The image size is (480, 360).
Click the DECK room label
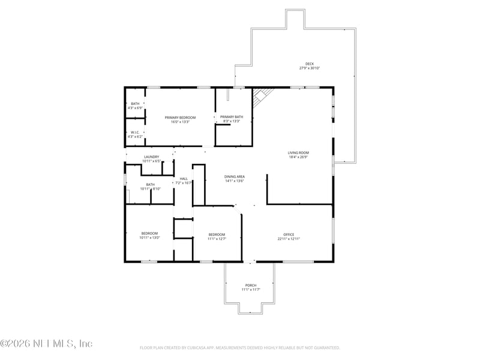(310, 64)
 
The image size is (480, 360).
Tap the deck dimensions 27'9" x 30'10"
(310, 68)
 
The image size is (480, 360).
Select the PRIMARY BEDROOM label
(177, 117)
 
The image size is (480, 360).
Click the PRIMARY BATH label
(231, 117)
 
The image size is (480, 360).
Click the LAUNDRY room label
(151, 157)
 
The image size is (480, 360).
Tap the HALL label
(184, 179)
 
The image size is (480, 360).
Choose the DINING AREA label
(235, 176)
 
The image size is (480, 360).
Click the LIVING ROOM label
(298, 153)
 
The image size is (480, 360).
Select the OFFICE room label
(289, 235)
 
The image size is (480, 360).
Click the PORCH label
(251, 285)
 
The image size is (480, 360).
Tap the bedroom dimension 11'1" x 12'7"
(217, 239)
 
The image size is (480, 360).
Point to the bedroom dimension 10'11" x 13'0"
(149, 238)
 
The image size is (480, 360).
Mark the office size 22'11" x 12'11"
(289, 239)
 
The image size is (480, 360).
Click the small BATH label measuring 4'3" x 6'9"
(135, 104)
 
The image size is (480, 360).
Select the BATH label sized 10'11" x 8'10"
(150, 184)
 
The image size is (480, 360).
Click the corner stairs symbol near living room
(262, 96)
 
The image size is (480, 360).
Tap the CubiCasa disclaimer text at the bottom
(240, 347)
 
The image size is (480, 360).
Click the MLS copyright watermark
(46, 344)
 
